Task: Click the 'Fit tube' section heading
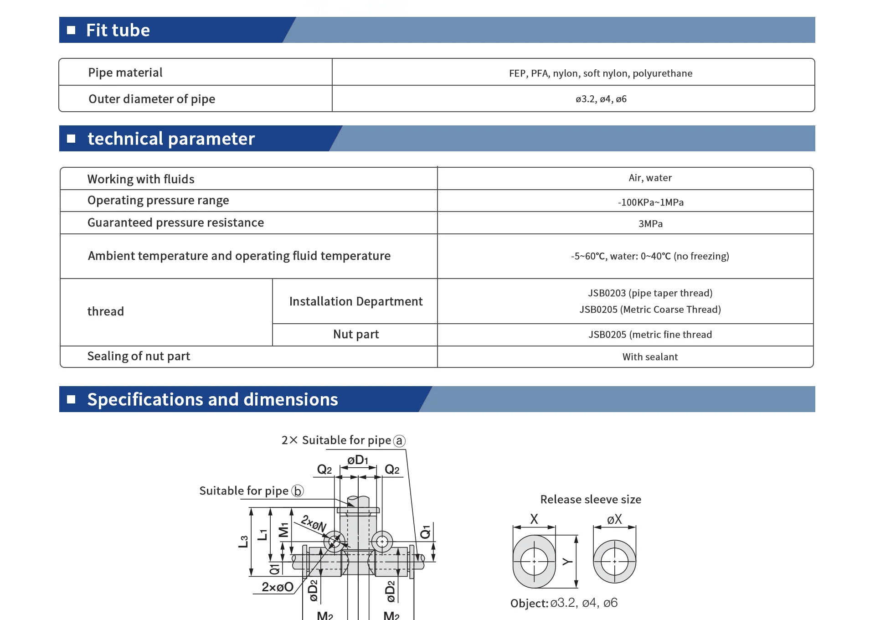[118, 30]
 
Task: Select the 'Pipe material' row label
[125, 72]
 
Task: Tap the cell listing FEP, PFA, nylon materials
[601, 73]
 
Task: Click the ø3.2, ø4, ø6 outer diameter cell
[601, 99]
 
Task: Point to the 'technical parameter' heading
[171, 139]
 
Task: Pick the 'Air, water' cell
[650, 178]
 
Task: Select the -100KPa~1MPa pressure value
[651, 202]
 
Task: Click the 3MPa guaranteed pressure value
[651, 224]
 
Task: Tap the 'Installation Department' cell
[356, 301]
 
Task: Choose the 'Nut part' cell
[356, 334]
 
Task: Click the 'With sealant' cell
[650, 357]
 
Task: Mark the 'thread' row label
[106, 311]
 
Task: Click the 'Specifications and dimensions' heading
[212, 399]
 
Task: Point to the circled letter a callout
[399, 441]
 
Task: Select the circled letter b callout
[298, 491]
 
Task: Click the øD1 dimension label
[358, 460]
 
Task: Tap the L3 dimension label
[243, 542]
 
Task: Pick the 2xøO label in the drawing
[278, 587]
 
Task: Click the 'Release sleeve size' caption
[591, 500]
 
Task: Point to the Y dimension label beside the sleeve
[567, 562]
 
